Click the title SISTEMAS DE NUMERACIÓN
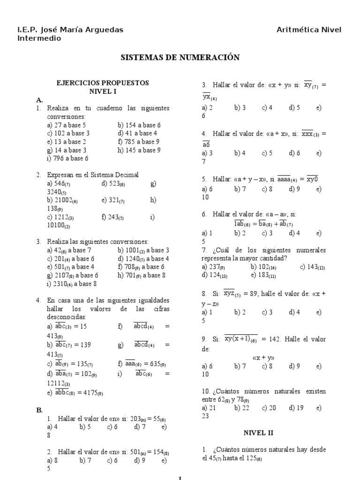pos(180,58)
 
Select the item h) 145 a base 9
pos(139,150)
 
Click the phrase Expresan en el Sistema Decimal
pos(93,175)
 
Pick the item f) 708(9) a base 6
pos(141,267)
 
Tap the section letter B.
pos(39,410)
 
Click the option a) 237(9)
pos(213,267)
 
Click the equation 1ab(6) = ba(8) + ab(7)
pos(263,224)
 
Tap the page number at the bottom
pos(180,478)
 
